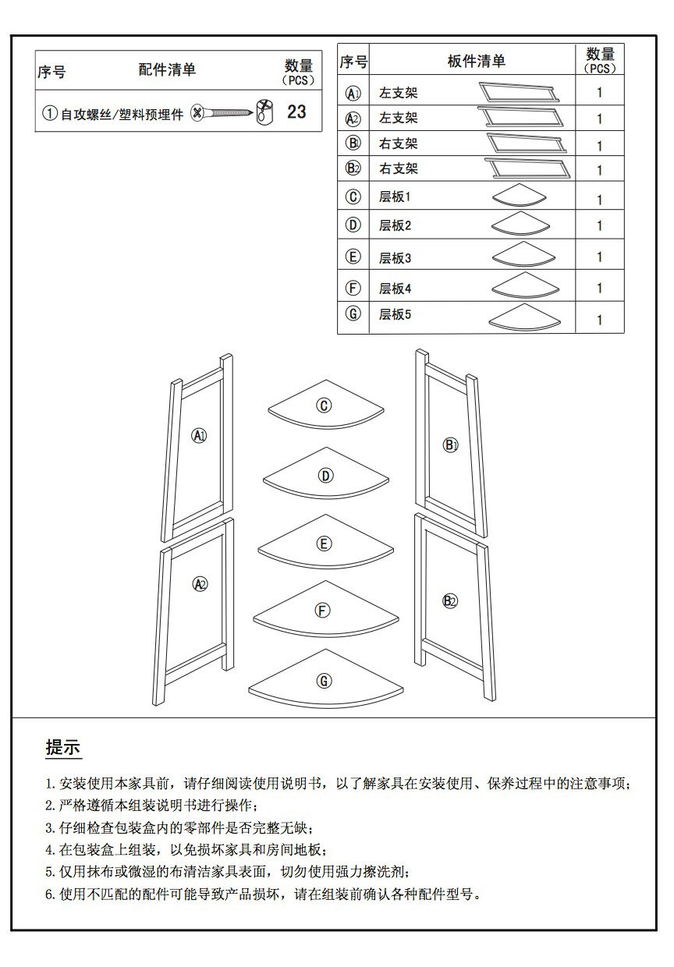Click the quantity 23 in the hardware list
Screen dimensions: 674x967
tap(296, 112)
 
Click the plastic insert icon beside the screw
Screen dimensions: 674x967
tap(265, 112)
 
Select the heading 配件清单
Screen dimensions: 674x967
tap(167, 70)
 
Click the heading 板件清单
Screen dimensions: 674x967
tap(476, 61)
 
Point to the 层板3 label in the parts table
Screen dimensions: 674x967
tap(395, 258)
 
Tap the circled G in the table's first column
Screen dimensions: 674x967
tap(353, 313)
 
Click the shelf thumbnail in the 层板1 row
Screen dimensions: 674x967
tap(521, 197)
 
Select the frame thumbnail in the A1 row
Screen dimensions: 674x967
tap(519, 92)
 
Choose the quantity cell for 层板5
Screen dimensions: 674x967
tap(599, 320)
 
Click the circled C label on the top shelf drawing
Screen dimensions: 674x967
tap(324, 405)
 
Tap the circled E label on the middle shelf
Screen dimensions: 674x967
tap(324, 544)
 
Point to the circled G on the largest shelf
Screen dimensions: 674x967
tap(324, 681)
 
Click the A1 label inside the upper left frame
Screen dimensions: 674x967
tap(200, 435)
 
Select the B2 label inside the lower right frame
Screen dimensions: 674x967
tap(450, 600)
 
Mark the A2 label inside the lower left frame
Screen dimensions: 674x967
tap(200, 583)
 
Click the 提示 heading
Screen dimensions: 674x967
tap(63, 748)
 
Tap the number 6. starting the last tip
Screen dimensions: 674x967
tap(51, 894)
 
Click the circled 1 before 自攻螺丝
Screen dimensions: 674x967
tap(50, 114)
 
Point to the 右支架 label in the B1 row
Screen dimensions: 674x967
tap(398, 143)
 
